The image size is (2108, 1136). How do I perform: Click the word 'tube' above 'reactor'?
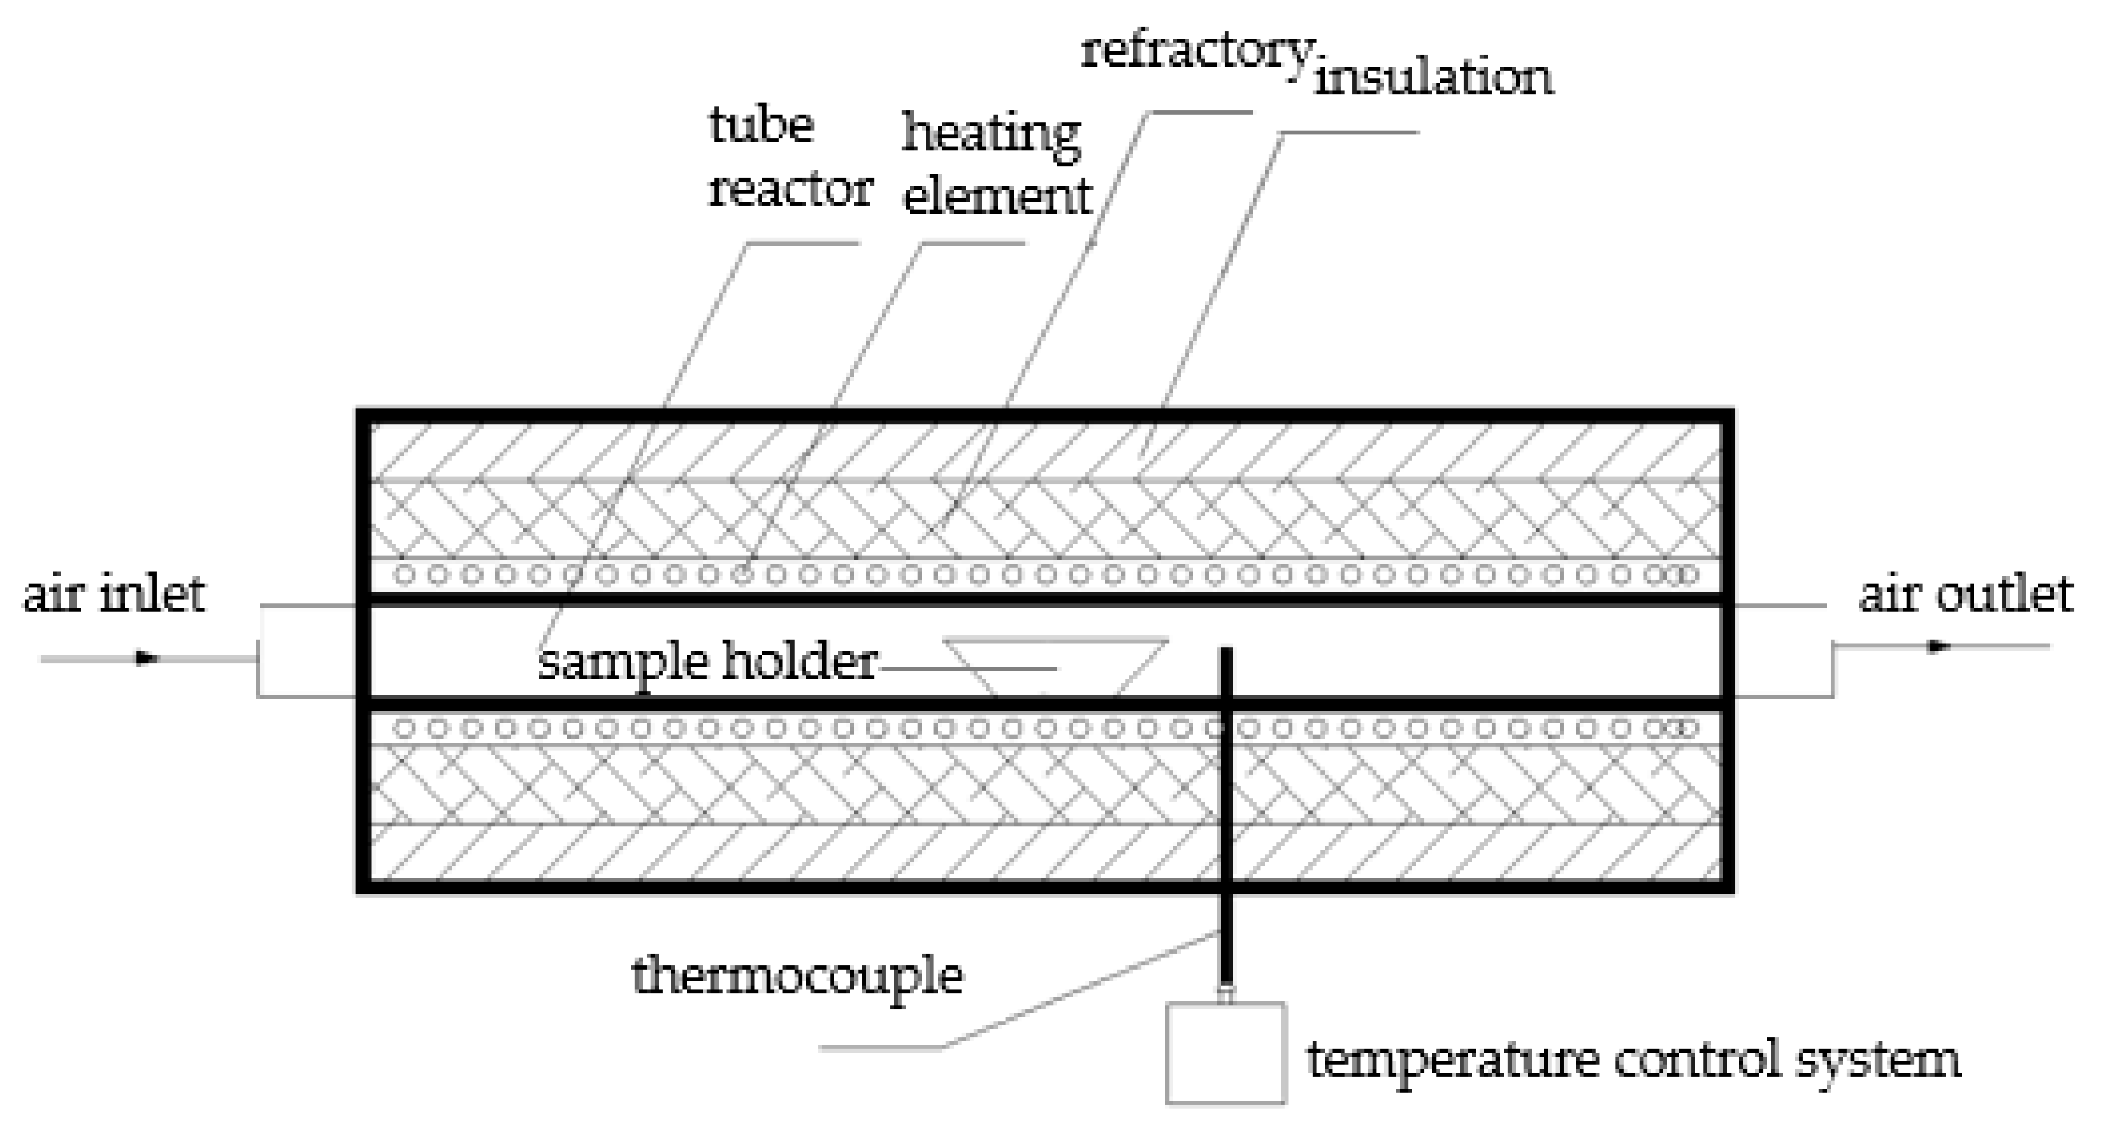coord(761,126)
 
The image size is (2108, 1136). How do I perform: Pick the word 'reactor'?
coord(790,190)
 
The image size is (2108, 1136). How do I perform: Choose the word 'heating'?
coord(991,134)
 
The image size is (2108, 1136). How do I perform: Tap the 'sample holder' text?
coord(707,662)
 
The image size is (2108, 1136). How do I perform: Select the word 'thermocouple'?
coord(797,975)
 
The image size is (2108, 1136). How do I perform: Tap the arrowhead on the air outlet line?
coord(1938,647)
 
